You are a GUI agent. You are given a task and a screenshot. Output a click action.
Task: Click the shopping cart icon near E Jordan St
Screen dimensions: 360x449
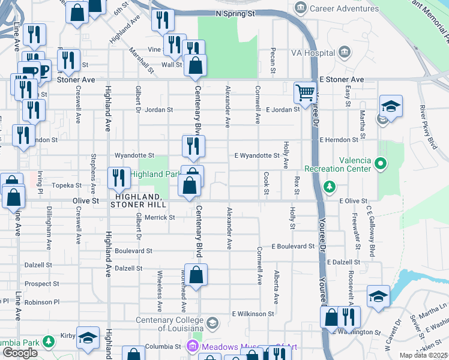[x=306, y=93]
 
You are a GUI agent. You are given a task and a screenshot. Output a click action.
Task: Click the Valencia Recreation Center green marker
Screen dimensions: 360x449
[x=379, y=163]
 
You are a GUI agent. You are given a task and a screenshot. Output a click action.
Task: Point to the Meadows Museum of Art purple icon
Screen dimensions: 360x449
[x=192, y=346]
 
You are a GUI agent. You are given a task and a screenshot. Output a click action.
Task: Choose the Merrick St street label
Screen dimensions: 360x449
[x=160, y=217]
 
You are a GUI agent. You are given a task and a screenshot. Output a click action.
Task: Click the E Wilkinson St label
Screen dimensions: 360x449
[x=253, y=313]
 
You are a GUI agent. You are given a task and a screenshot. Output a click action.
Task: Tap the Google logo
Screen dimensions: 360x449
[x=20, y=353]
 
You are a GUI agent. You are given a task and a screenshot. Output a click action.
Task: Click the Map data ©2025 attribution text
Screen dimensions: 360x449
[x=423, y=355]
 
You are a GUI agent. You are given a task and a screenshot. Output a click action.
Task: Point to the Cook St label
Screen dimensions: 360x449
[x=266, y=184]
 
